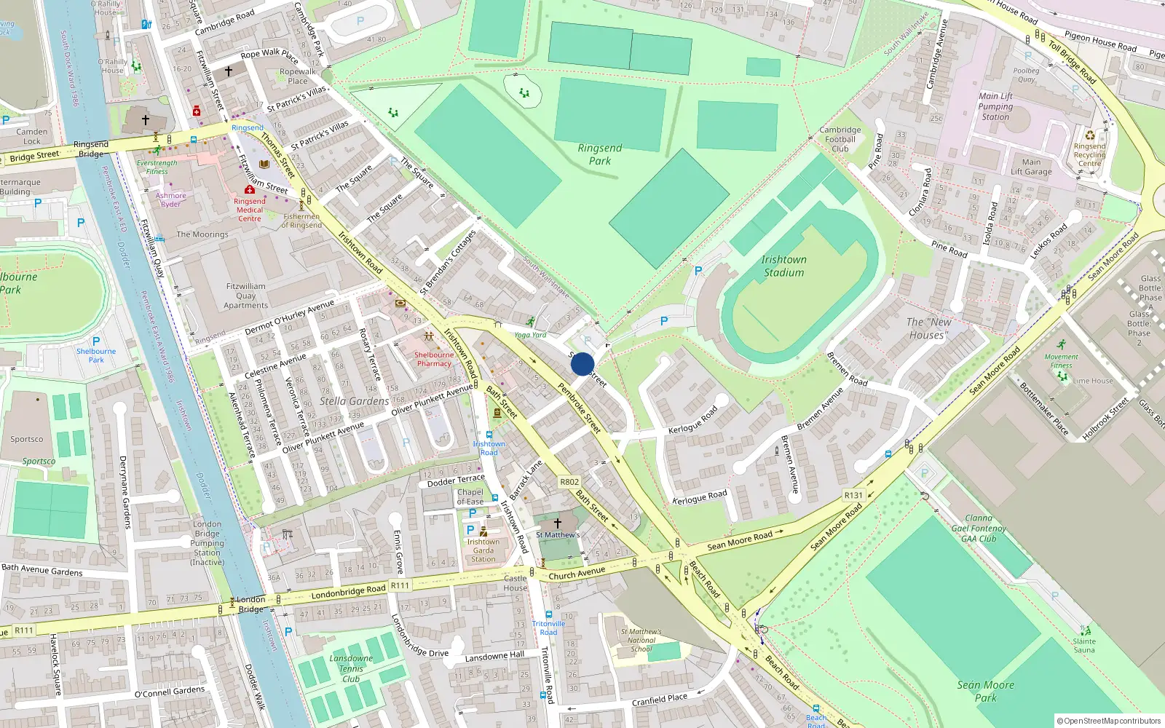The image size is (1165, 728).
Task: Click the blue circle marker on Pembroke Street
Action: point(582,364)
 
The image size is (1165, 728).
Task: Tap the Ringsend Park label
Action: point(600,154)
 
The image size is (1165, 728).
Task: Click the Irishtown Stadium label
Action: point(783,266)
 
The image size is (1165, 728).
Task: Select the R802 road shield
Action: point(569,482)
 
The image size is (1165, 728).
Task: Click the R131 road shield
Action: point(853,495)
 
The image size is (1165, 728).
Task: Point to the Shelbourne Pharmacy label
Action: point(434,359)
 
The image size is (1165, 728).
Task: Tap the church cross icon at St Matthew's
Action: point(558,523)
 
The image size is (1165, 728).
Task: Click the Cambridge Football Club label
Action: point(840,139)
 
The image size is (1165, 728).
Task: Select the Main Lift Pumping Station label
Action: point(995,106)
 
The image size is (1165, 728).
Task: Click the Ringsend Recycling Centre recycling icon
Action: point(1090,135)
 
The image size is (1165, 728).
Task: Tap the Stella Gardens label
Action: point(354,401)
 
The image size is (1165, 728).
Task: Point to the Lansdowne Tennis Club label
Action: point(351,668)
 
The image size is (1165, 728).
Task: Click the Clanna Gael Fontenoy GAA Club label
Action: point(979,529)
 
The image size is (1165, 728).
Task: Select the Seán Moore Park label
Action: point(985,691)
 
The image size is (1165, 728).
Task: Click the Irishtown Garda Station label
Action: point(483,550)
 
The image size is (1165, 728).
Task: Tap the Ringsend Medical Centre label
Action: point(249,210)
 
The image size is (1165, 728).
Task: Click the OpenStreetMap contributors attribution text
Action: point(1109,721)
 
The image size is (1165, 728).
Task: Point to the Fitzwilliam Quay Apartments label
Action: point(246,296)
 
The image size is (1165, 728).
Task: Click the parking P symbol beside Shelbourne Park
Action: point(96,341)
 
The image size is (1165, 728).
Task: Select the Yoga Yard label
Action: point(530,335)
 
